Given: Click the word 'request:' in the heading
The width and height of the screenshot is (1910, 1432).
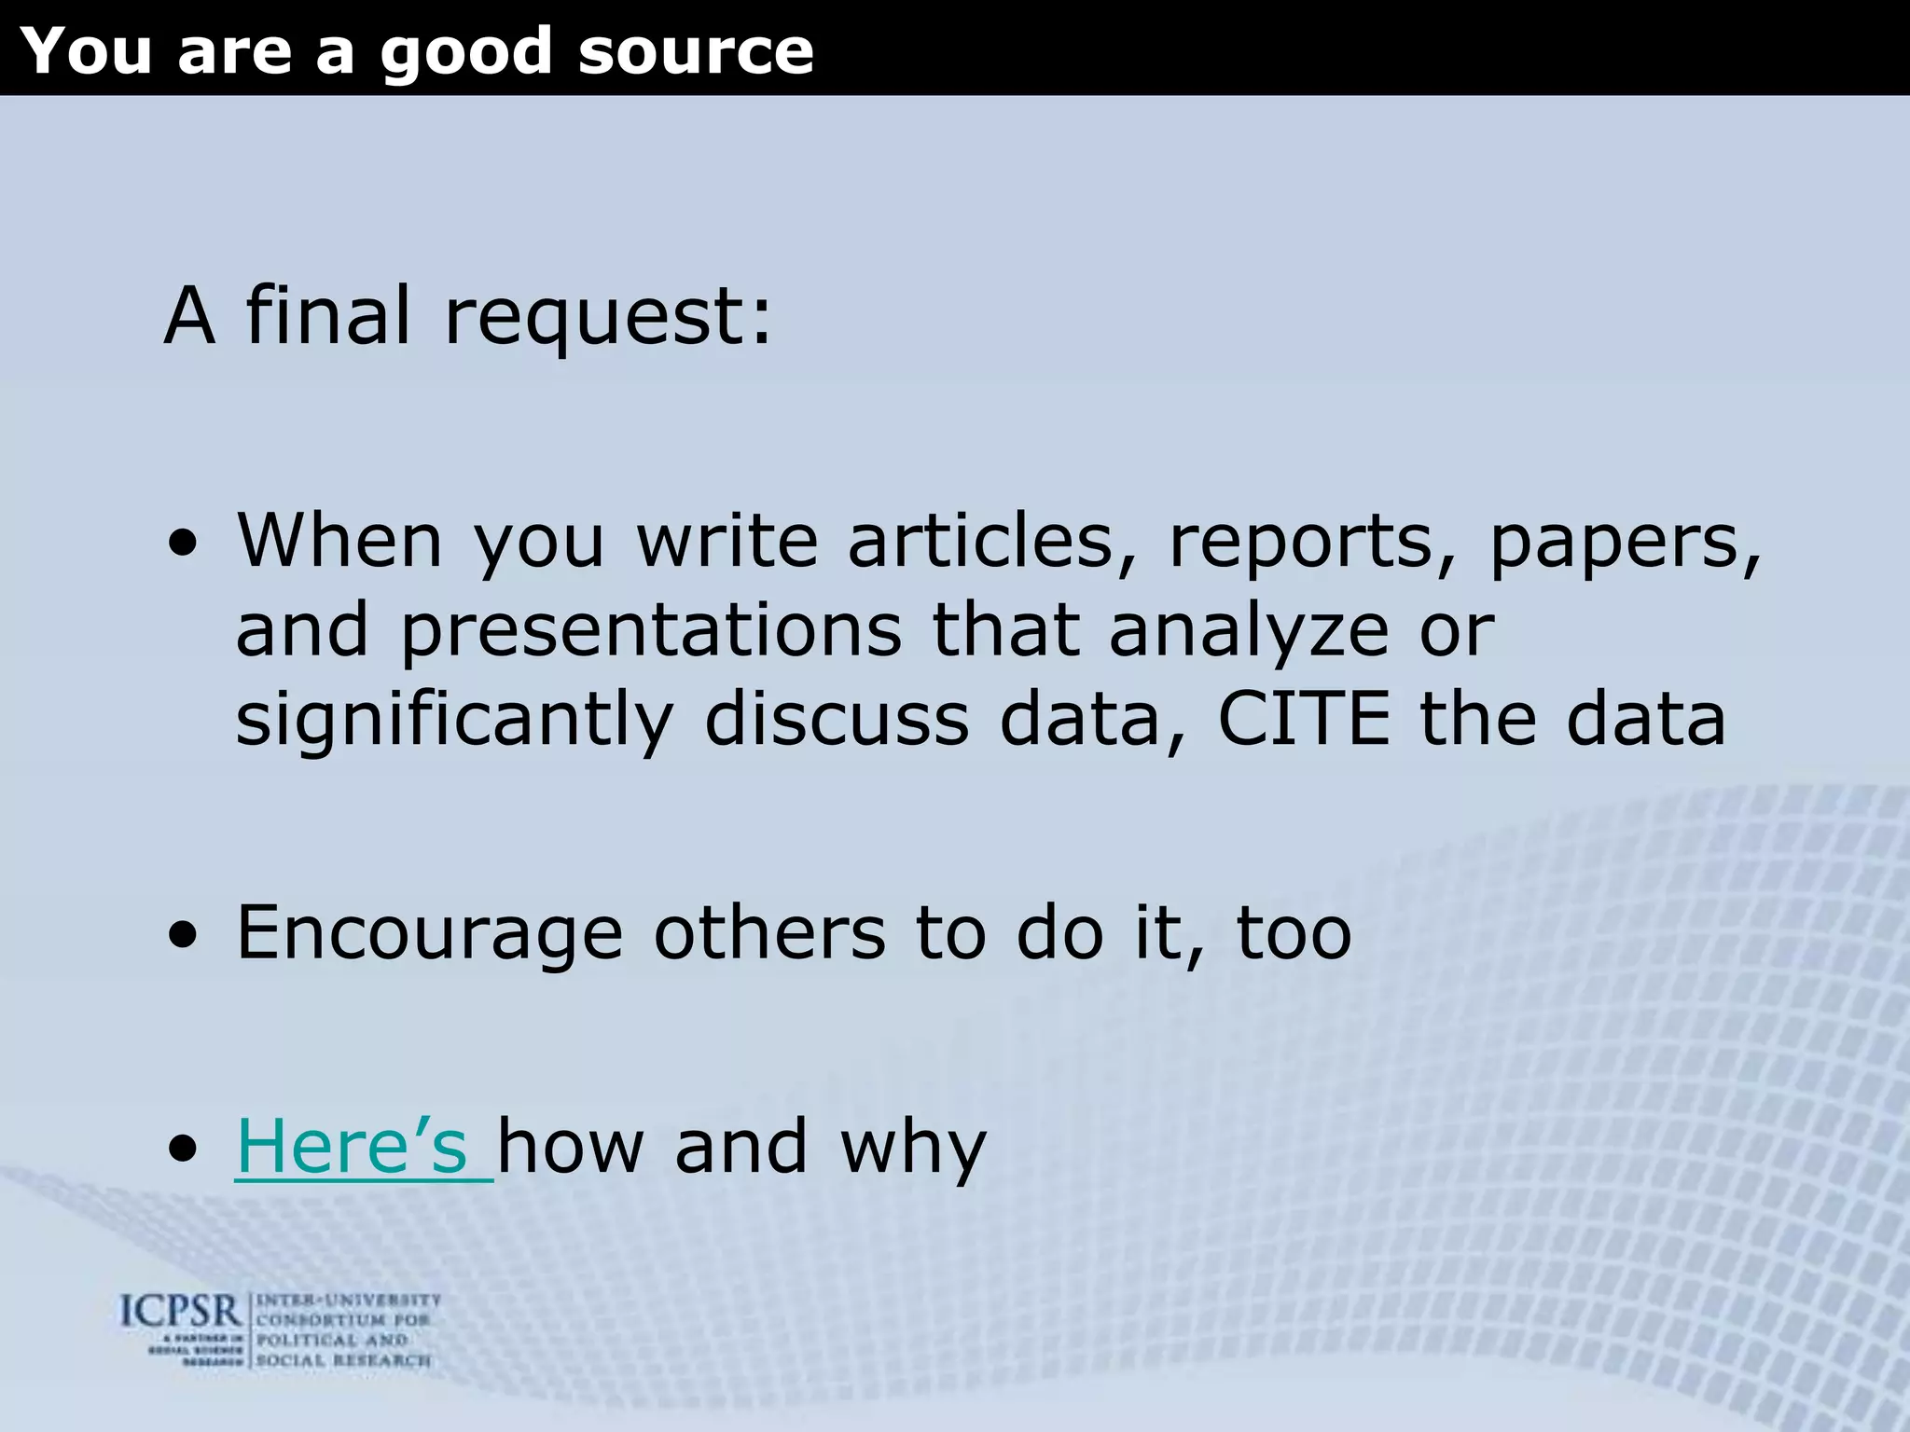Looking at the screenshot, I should tap(609, 317).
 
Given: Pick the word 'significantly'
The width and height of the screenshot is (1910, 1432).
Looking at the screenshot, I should tap(454, 721).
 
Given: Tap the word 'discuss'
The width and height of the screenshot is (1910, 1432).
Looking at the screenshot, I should tap(837, 719).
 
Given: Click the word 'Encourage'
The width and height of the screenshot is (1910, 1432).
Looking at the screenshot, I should tap(430, 934).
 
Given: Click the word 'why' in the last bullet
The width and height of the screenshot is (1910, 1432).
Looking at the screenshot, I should tap(913, 1148).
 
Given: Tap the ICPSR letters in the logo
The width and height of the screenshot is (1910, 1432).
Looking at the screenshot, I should tap(181, 1313).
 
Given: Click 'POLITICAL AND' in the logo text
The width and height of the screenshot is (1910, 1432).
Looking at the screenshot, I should tap(332, 1340).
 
